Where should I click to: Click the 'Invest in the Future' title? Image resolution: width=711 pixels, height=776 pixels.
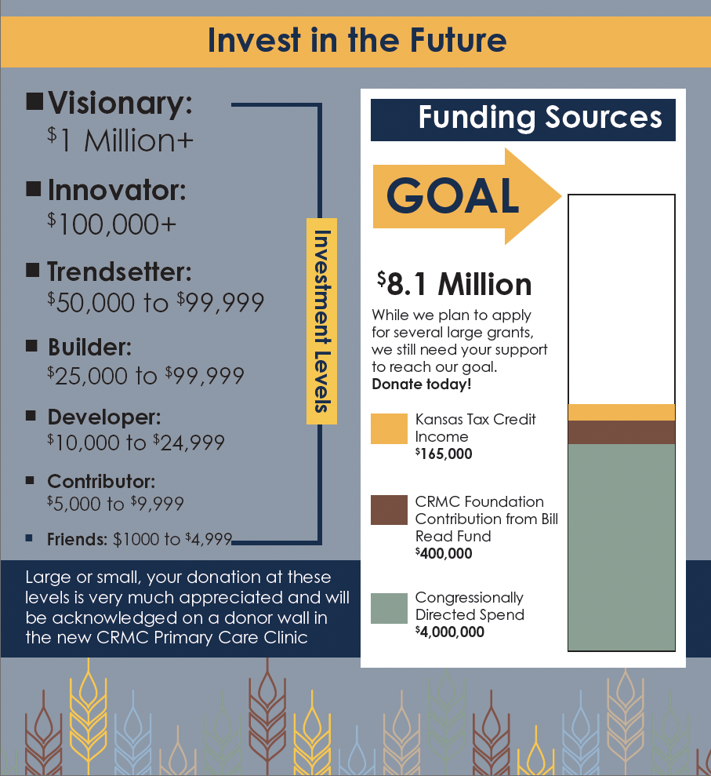tap(357, 40)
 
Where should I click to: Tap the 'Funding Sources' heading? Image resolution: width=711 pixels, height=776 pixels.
tap(540, 118)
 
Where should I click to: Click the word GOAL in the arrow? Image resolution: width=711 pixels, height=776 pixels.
tap(452, 196)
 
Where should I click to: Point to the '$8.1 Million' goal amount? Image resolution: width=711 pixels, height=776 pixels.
tap(455, 284)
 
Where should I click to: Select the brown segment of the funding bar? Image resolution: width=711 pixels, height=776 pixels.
tap(622, 432)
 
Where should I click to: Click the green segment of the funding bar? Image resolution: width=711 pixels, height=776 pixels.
tap(622, 547)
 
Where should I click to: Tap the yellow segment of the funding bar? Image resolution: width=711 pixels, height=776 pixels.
tap(622, 412)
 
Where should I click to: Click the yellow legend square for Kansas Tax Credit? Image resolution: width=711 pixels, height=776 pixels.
tap(389, 428)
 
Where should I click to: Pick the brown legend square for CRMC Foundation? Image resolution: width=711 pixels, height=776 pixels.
tap(389, 510)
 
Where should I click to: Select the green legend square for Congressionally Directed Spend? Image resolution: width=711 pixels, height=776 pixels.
tap(389, 608)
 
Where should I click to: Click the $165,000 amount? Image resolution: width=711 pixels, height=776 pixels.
tap(444, 454)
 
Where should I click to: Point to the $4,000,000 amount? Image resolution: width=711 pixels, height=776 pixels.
tap(449, 632)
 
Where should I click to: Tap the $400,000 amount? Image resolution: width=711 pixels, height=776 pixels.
tap(444, 553)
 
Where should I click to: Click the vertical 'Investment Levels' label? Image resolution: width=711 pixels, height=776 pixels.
tap(322, 321)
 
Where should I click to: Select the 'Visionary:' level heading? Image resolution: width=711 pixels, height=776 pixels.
tap(120, 104)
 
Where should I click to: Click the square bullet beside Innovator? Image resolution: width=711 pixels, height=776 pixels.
tap(34, 188)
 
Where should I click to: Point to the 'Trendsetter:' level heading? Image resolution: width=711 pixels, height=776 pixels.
tap(119, 271)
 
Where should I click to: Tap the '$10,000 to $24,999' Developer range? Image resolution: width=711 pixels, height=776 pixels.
tap(136, 443)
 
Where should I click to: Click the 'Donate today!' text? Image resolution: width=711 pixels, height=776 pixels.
tap(421, 384)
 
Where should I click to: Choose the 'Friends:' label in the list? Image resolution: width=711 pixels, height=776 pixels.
tap(77, 539)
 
